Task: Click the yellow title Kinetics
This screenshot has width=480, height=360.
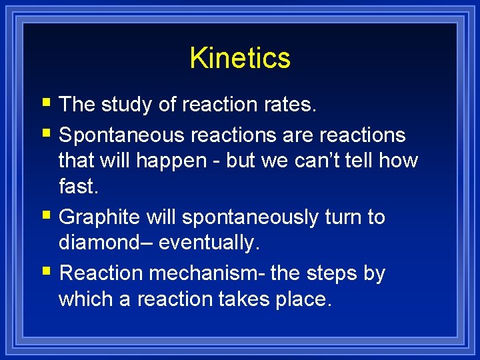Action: [240, 58]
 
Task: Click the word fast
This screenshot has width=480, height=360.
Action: [77, 187]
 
